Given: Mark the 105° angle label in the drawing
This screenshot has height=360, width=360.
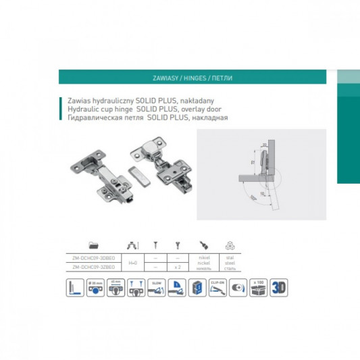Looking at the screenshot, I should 252,197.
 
